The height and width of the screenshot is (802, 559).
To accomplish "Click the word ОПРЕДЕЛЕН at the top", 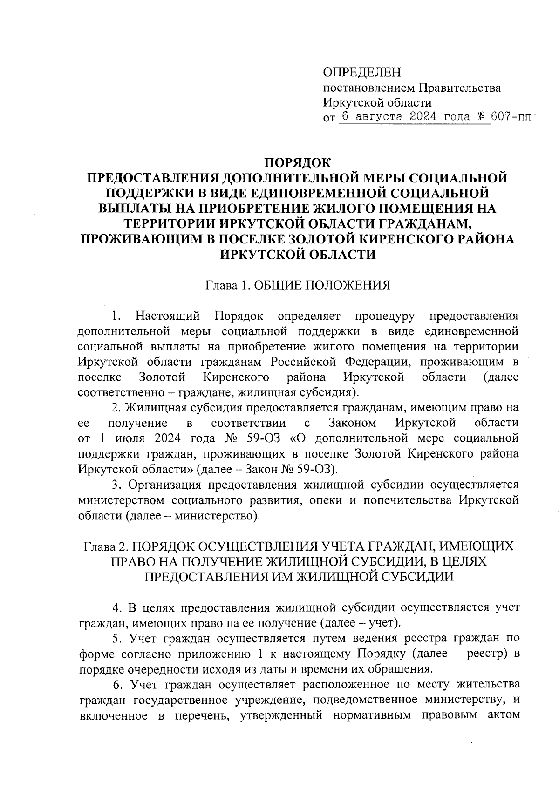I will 361,73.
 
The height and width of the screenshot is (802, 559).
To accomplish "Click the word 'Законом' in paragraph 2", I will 352,423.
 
